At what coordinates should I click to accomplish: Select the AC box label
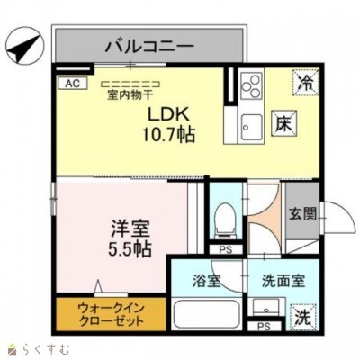(69, 83)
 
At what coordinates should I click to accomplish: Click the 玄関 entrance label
(301, 214)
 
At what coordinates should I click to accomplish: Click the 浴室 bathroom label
(205, 280)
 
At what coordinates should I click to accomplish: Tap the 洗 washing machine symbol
(305, 317)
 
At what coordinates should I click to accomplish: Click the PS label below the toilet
(225, 249)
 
